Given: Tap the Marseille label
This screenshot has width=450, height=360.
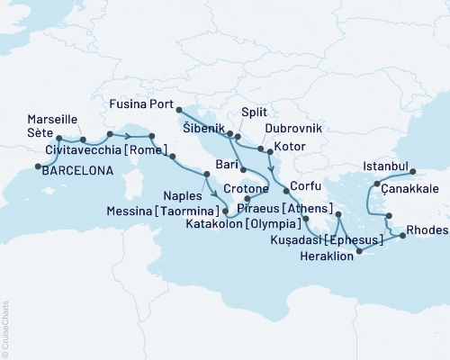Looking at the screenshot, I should tap(52, 119).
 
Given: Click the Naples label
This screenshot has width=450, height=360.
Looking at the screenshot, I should tap(185, 193).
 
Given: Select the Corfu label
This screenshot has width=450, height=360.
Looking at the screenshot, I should tap(307, 192).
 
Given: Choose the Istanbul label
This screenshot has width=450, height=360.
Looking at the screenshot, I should tap(385, 166).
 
